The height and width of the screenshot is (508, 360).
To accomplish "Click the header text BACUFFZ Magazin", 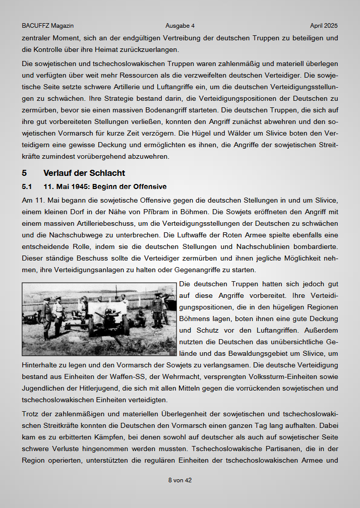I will pyautogui.click(x=48, y=26).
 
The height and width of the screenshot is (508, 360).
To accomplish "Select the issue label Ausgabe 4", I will pyautogui.click(x=180, y=26).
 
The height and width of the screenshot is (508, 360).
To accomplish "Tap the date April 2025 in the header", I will pyautogui.click(x=324, y=26).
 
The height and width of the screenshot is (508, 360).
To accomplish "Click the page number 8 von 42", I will pyautogui.click(x=180, y=480).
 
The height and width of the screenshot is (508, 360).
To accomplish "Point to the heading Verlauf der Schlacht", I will pyautogui.click(x=84, y=173).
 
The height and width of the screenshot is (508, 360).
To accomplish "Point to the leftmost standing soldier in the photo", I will pyautogui.click(x=46, y=317).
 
